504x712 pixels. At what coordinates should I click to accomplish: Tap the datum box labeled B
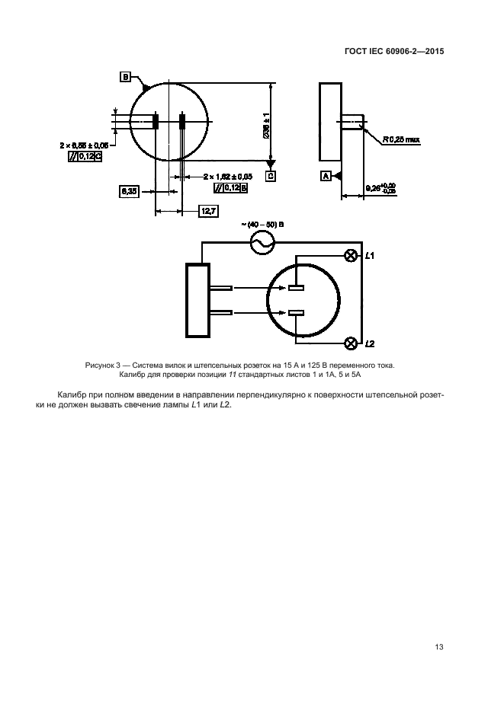pos(124,77)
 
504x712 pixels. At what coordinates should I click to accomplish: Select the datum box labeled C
pos(271,176)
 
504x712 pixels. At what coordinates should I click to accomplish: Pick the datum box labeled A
pos(326,176)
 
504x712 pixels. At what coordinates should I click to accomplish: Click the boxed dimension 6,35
pos(129,192)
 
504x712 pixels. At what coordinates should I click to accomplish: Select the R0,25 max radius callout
pos(402,139)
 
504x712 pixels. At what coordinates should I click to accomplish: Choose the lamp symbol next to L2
pos(351,343)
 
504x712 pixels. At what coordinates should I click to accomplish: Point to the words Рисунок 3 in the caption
pos(104,366)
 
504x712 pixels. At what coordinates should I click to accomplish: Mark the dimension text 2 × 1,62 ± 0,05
pos(228,176)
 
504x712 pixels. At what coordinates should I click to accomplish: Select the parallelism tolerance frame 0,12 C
pos(85,156)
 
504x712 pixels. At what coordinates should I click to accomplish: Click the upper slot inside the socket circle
pos(297,288)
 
